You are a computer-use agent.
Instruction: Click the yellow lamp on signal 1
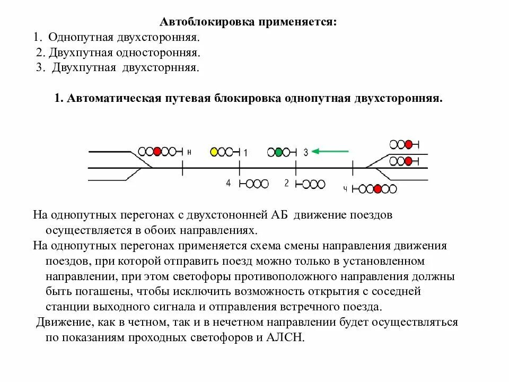click(214, 152)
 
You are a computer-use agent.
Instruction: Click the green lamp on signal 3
click(278, 152)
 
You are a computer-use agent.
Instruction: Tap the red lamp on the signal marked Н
click(157, 151)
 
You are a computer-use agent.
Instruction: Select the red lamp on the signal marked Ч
click(377, 189)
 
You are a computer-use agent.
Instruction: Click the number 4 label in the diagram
click(229, 183)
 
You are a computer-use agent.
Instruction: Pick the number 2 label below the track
click(286, 183)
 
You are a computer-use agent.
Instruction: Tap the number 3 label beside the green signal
click(305, 153)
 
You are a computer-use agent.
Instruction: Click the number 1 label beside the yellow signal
click(245, 153)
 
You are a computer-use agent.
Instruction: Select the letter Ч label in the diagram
click(345, 189)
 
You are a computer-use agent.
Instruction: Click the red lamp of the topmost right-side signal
click(408, 144)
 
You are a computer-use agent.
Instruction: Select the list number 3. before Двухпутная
click(40, 68)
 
